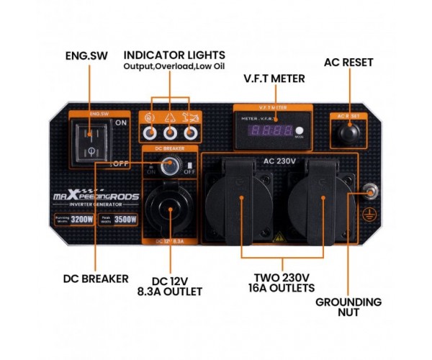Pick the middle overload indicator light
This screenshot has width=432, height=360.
click(171, 132)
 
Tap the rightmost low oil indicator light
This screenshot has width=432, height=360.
click(190, 132)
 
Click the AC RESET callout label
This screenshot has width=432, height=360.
click(348, 63)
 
